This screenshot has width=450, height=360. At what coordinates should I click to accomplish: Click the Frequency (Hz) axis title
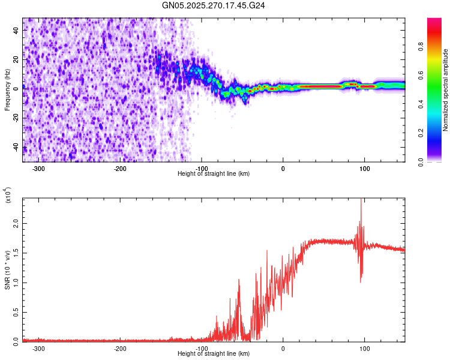(7, 90)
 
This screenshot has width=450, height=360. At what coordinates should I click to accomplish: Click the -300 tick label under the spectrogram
(39, 169)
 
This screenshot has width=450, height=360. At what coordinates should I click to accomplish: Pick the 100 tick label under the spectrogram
(364, 169)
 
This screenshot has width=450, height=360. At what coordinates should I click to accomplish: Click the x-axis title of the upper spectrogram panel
(214, 174)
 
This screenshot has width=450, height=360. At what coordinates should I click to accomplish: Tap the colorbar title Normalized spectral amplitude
(446, 90)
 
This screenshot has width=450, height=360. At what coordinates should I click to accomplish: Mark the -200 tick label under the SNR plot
(120, 349)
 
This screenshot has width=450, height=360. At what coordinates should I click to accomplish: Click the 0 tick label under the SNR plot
(283, 349)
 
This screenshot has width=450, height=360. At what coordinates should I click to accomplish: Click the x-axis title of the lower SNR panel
(214, 354)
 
